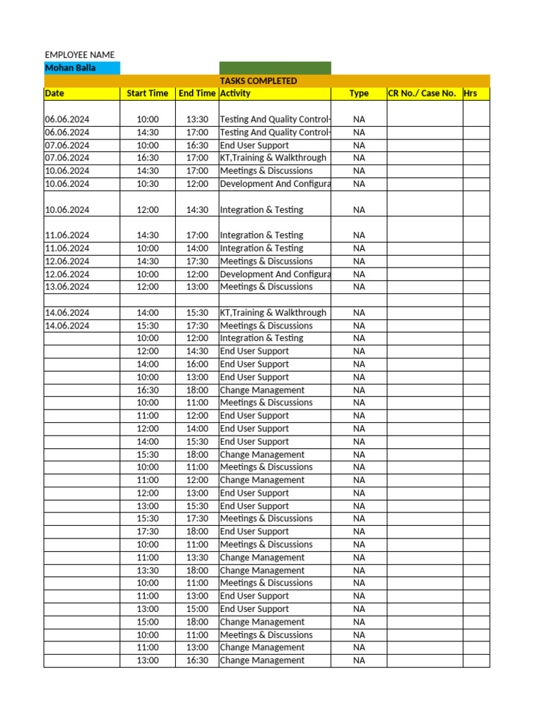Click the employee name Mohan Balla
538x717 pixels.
[x=70, y=68]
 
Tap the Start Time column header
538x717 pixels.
[x=147, y=93]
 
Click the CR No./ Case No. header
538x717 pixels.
[x=422, y=93]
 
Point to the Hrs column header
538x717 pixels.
[x=471, y=93]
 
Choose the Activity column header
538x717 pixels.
[x=235, y=93]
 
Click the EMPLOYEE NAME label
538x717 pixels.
[x=80, y=55]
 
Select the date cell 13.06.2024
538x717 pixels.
[x=67, y=286]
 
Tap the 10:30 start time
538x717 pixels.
[x=148, y=183]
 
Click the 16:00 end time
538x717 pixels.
[x=197, y=364]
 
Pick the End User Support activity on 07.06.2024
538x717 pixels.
[x=254, y=145]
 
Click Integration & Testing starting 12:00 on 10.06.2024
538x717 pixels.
[x=261, y=209]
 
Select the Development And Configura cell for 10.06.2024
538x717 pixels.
[x=275, y=183]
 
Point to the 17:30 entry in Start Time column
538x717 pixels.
[x=148, y=531]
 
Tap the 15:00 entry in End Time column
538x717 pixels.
[x=197, y=608]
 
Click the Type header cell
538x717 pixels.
[x=359, y=93]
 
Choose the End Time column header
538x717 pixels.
[x=197, y=93]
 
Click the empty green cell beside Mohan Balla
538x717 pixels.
[x=275, y=68]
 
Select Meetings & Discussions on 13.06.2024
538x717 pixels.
[x=266, y=286]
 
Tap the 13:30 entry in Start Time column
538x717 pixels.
[x=148, y=570]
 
